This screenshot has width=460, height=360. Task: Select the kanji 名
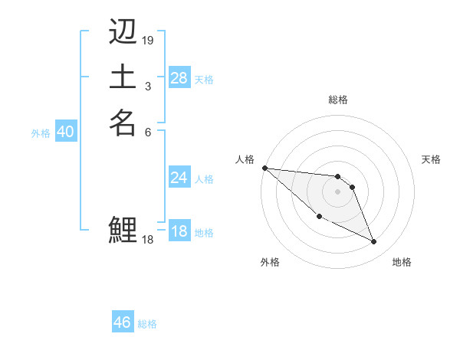[x=123, y=122]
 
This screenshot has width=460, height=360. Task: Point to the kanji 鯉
[x=123, y=229]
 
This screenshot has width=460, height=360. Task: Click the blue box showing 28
[x=179, y=78]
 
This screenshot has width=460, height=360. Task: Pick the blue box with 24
[x=179, y=178]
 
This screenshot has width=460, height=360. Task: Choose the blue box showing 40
[x=65, y=132]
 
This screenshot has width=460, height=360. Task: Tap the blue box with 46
[x=122, y=322]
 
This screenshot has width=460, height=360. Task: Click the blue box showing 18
[x=179, y=231]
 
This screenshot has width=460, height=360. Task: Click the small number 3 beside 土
[x=147, y=87]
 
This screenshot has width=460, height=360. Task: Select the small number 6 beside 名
[x=148, y=132]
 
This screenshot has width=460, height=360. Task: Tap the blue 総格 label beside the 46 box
[x=147, y=324]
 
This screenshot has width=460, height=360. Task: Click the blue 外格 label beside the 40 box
[x=41, y=133]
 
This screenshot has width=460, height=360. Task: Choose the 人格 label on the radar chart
[x=245, y=159]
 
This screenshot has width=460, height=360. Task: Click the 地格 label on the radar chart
[x=402, y=262]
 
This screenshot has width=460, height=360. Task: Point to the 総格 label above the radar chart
[x=337, y=100]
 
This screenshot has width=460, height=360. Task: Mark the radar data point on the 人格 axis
[x=264, y=168]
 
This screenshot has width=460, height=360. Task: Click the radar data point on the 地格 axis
[x=374, y=242]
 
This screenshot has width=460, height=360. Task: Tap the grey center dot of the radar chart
[x=337, y=191]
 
